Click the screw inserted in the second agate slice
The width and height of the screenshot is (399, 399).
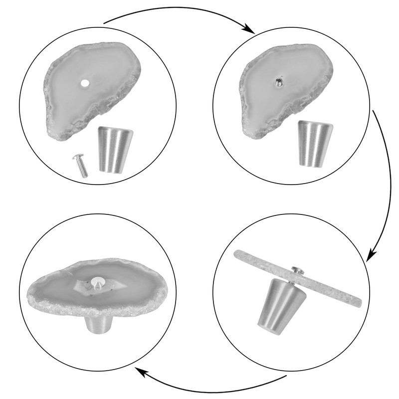279,81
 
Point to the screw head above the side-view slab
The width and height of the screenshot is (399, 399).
297,270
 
